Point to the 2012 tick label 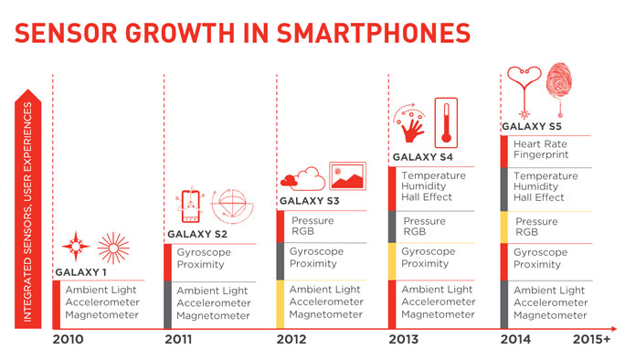291,340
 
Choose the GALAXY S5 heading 532,126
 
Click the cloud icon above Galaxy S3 302,178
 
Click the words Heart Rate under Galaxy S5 538,143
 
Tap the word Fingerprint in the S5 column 539,155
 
